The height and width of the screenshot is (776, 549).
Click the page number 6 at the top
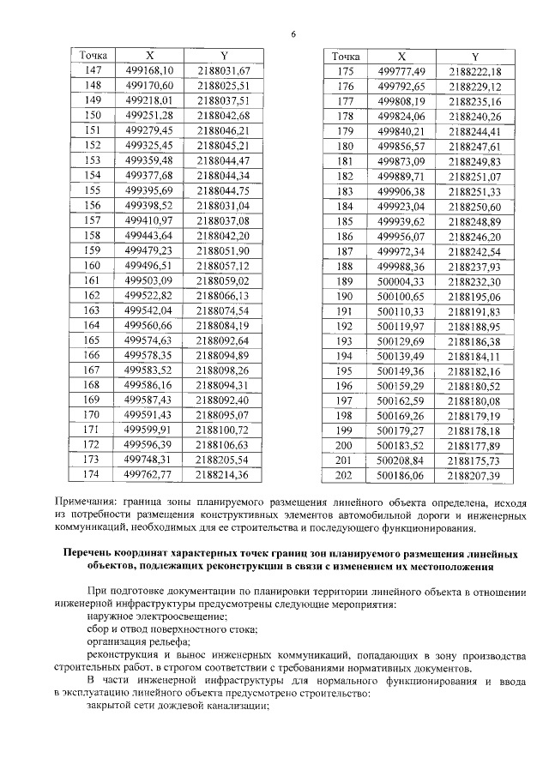point(293,33)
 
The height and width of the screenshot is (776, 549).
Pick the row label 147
point(94,70)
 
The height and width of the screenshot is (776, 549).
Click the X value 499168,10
point(148,70)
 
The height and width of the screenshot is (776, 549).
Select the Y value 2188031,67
point(222,70)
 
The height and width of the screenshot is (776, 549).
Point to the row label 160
point(94,266)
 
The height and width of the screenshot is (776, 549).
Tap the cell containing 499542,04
point(148,310)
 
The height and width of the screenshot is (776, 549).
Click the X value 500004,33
point(401,281)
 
